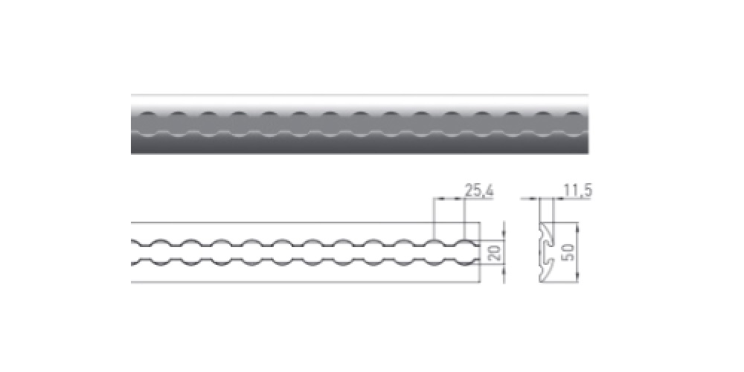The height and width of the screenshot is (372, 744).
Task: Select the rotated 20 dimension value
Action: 494,253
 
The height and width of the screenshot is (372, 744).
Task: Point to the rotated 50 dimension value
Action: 568,252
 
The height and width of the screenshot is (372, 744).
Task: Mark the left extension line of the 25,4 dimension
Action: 434,219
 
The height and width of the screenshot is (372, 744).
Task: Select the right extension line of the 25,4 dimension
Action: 464,219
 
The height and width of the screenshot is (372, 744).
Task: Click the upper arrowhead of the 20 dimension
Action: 504,236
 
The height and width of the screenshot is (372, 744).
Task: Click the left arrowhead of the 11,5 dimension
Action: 535,199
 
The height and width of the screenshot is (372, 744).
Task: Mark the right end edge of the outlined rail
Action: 480,252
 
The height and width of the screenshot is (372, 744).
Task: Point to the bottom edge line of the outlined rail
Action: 306,282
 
